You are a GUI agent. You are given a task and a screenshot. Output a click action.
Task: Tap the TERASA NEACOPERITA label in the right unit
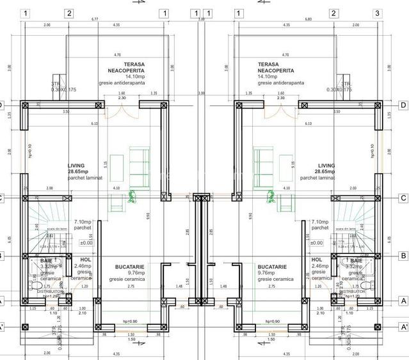click(276, 68)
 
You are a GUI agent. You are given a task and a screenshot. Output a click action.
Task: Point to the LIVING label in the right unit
click(326, 166)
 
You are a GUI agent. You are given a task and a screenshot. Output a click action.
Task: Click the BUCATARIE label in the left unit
click(129, 267)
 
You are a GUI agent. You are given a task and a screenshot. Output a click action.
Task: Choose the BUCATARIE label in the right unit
click(272, 267)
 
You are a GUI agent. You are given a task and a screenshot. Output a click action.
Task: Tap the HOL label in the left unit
click(86, 260)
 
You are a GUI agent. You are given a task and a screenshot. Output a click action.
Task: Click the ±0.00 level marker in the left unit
click(86, 243)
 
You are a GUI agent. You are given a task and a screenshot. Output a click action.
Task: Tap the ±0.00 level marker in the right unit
click(316, 243)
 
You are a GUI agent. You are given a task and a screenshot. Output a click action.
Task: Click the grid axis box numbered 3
click(378, 13)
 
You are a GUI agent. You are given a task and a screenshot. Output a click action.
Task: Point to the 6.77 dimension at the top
click(95, 19)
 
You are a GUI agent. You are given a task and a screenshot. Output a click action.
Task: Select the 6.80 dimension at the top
click(309, 19)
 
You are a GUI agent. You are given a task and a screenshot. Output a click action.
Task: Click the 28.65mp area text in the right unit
click(326, 172)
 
